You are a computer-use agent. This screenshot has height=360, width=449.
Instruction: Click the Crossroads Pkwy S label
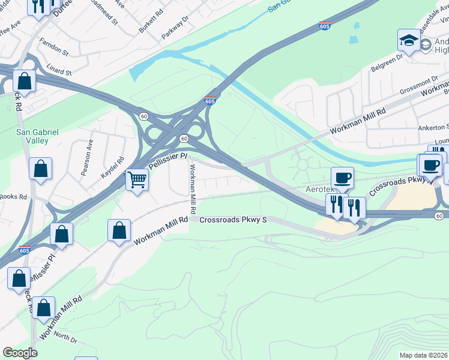coord(232,220)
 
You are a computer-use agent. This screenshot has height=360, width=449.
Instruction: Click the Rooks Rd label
coord(13,196)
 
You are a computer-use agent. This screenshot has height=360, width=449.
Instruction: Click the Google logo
coord(20,353)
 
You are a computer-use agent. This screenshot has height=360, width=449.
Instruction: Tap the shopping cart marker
coord(137,178)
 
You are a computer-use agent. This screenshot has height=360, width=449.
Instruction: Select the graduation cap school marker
coord(409,40)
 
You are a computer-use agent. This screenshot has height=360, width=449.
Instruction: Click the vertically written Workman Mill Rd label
coord(193,190)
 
